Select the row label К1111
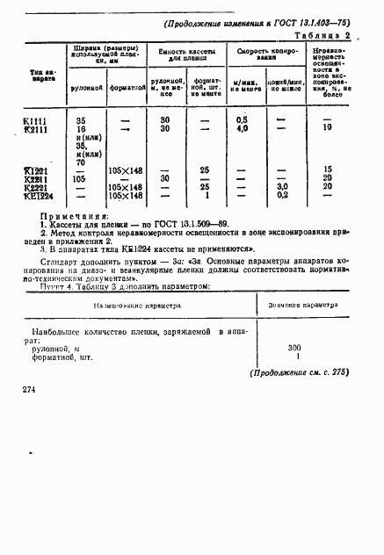pos(36,119)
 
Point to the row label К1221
pos(36,169)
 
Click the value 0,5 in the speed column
pos(243,119)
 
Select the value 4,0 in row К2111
pos(243,128)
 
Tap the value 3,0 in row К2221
pos(283,186)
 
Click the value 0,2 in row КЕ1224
pos(283,195)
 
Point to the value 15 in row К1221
pos(327,169)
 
